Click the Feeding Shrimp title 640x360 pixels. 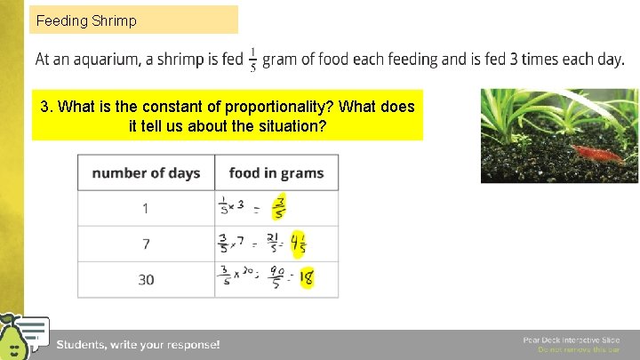coord(86,20)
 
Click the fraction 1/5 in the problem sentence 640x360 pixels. coord(253,60)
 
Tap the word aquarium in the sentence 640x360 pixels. coord(106,60)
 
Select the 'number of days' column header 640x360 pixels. coord(146,172)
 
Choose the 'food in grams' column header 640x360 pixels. coord(276,172)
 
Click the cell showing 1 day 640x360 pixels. coord(146,208)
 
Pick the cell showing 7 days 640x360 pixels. coord(146,244)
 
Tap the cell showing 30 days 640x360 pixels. coord(146,279)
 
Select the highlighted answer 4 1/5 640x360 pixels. coord(299,243)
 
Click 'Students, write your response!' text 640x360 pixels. coord(138,344)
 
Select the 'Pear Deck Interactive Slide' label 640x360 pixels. coord(571,340)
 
